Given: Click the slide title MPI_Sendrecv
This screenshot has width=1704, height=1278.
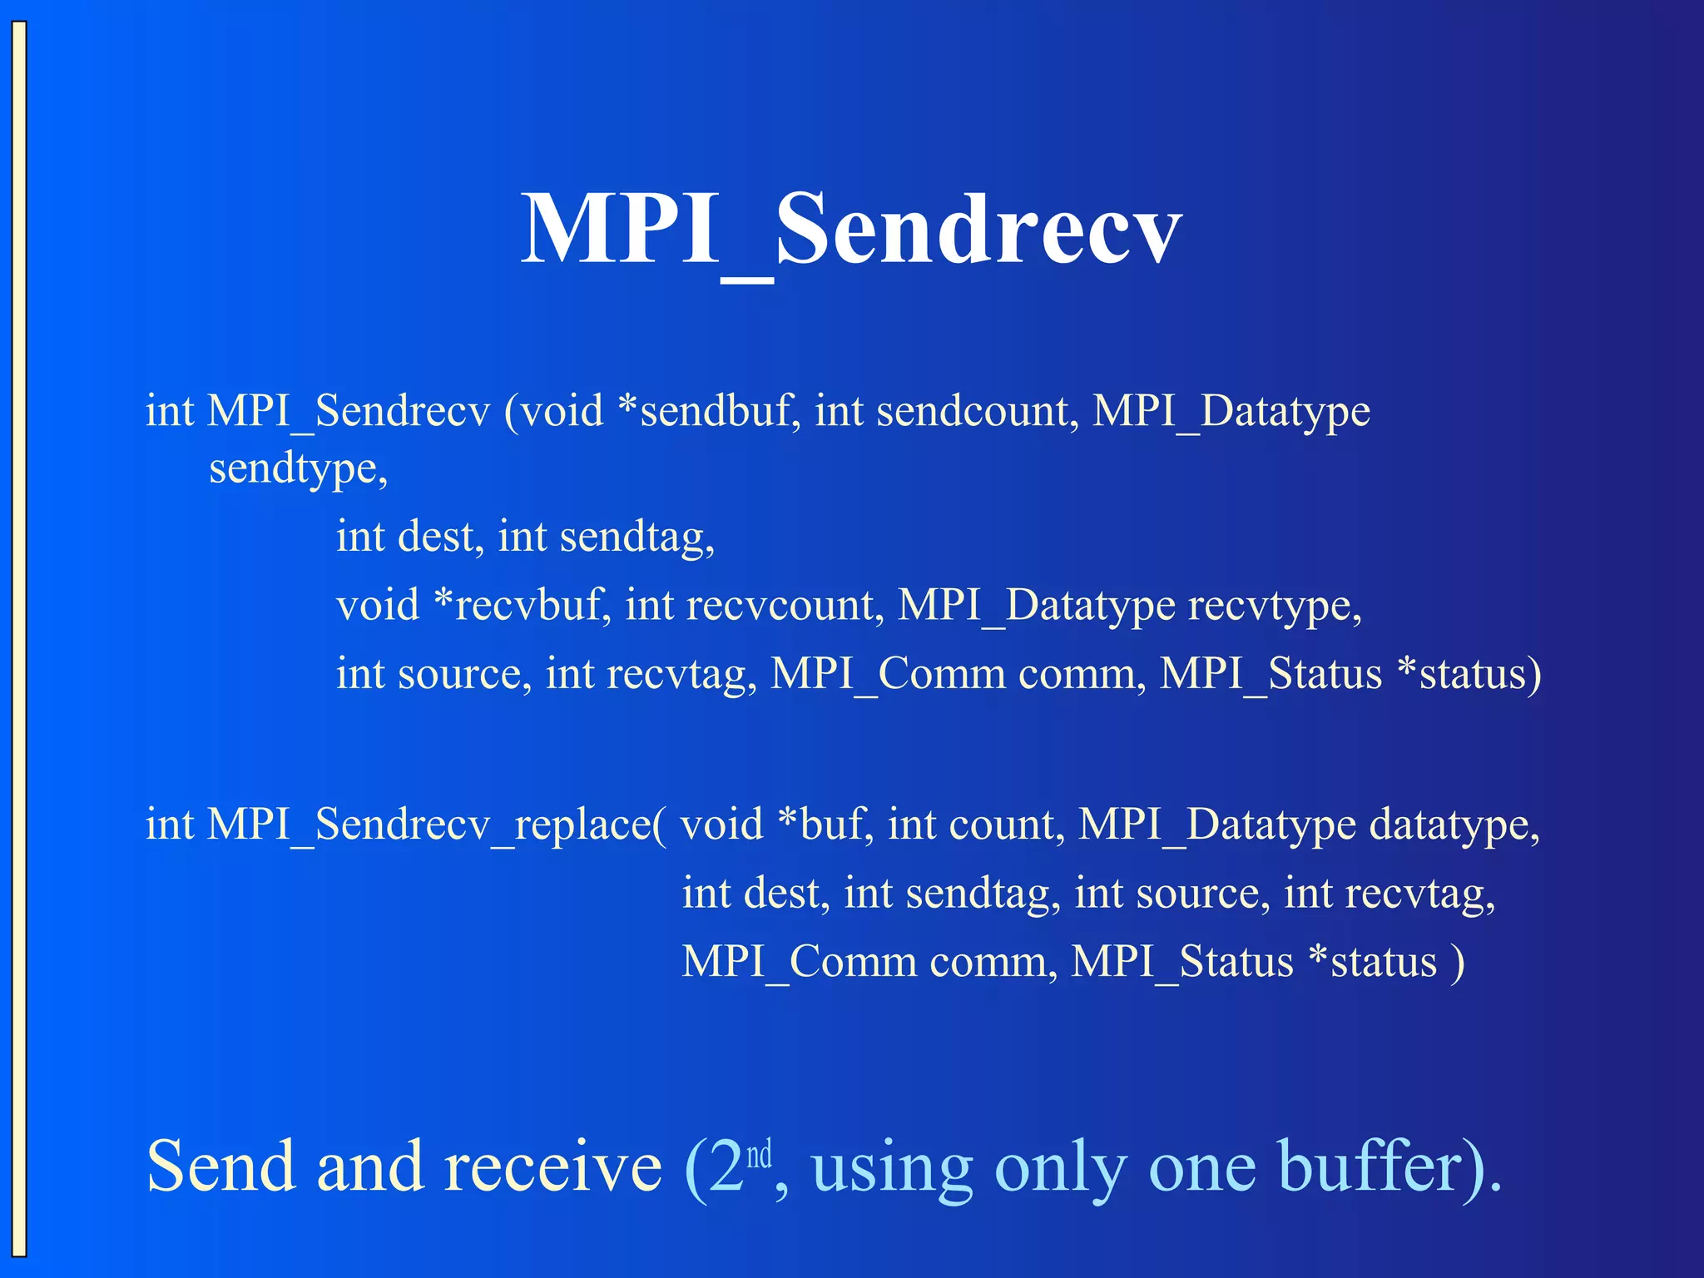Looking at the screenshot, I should tap(850, 230).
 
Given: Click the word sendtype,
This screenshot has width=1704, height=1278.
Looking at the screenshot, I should tap(298, 469).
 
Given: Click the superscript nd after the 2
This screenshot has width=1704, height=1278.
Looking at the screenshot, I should tap(759, 1155).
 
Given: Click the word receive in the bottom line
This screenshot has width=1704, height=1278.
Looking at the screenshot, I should tap(553, 1167).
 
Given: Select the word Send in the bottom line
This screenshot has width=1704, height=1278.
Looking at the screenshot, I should tap(221, 1167).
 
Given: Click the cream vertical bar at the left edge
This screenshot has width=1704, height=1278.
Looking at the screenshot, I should tap(18, 639).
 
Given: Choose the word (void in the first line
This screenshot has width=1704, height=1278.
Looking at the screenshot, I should tap(553, 411).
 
